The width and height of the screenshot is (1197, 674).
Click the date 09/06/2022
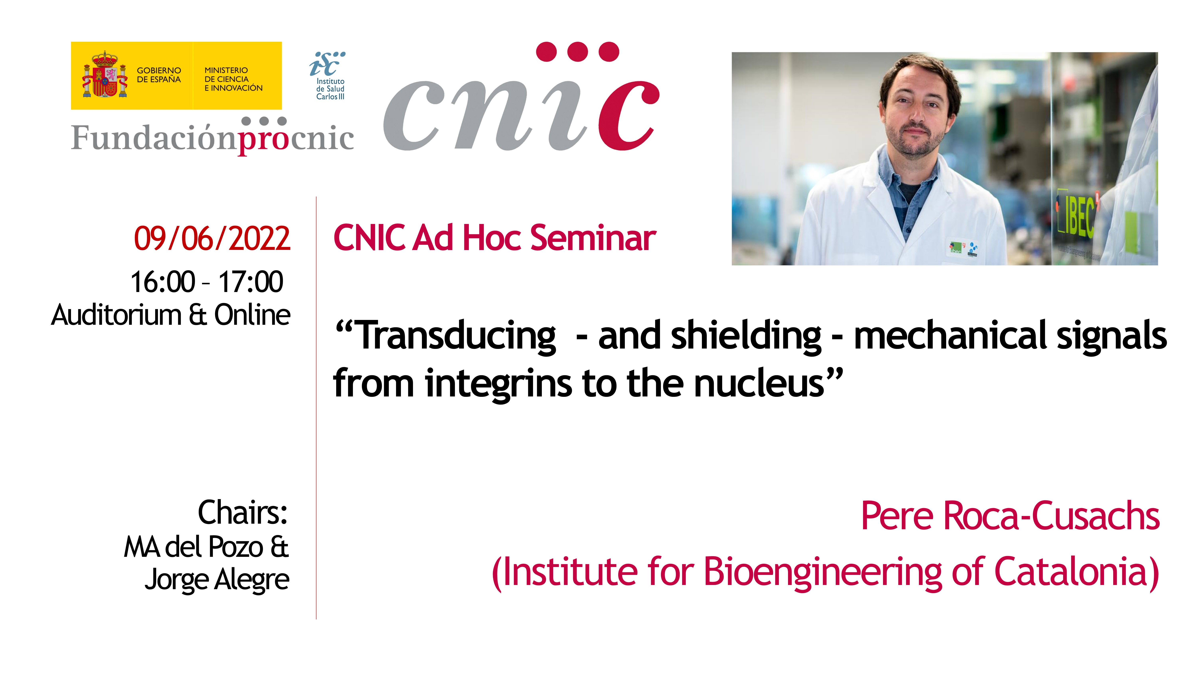tap(212, 239)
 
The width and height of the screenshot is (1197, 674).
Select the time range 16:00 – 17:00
tap(207, 282)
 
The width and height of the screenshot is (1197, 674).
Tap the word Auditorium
tap(116, 315)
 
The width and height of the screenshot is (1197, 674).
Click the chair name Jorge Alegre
tap(217, 580)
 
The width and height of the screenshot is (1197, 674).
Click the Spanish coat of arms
tap(105, 74)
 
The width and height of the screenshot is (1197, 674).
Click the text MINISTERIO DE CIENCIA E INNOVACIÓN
tap(233, 79)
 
